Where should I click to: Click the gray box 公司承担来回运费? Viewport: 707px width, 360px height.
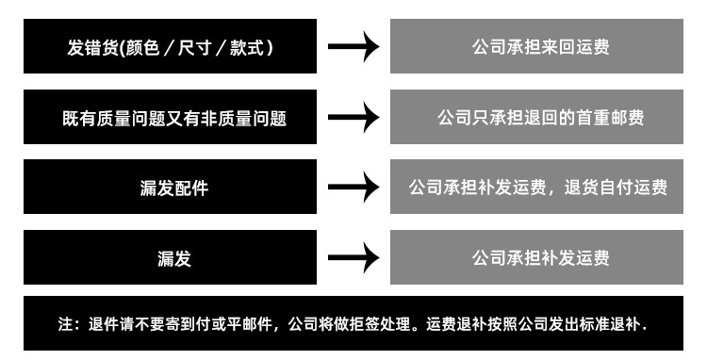click(x=536, y=46)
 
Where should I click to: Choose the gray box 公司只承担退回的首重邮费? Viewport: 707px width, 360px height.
click(x=536, y=118)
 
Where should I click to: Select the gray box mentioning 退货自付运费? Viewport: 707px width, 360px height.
click(x=536, y=188)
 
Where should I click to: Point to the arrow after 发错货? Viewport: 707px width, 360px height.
click(x=353, y=47)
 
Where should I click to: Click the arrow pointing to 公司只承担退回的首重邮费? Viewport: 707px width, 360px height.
click(x=353, y=118)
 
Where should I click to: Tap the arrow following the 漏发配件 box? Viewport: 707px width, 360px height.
click(x=353, y=188)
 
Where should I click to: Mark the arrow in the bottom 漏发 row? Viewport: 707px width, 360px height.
click(x=353, y=257)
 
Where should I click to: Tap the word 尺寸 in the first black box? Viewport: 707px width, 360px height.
click(x=208, y=46)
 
